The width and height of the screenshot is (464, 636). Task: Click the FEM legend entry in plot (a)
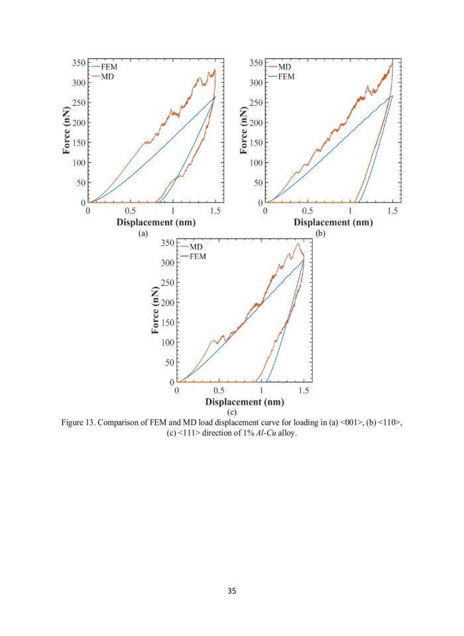tap(109, 68)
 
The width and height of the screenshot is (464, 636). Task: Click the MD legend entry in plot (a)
tap(107, 77)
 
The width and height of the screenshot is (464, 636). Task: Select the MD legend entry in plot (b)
tap(284, 68)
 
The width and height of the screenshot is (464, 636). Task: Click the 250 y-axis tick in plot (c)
tap(168, 283)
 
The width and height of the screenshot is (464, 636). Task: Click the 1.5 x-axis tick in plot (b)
tap(392, 211)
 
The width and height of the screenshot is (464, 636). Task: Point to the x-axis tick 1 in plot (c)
tap(261, 391)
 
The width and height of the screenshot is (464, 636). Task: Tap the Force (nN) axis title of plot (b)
tap(244, 132)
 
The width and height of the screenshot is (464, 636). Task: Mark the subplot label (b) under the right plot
tap(320, 234)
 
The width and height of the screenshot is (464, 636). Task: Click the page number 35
tap(232, 590)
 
